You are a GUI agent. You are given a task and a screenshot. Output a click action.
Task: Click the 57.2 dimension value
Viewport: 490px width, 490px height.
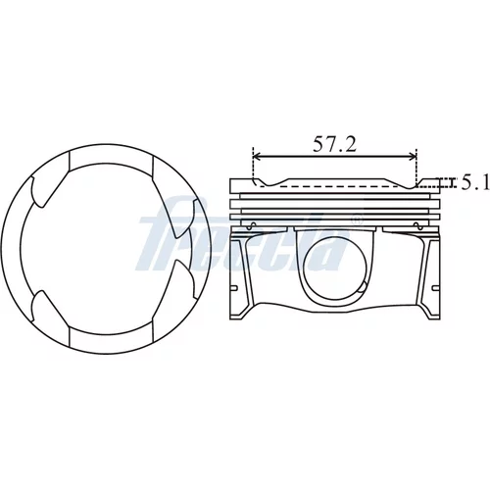click(334, 144)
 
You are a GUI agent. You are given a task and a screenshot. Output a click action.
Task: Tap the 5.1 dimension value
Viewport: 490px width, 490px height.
click(475, 183)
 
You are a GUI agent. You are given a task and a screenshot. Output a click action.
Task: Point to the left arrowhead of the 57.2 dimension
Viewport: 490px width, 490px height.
click(258, 157)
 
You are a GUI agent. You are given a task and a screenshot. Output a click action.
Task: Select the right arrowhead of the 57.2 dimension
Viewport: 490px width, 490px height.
click(412, 157)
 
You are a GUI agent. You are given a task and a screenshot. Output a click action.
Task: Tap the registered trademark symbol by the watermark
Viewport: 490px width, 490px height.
click(357, 220)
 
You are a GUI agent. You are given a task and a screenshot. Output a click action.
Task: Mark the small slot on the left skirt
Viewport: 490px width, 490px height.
click(234, 287)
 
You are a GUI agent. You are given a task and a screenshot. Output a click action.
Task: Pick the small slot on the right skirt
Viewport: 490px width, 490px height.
click(436, 287)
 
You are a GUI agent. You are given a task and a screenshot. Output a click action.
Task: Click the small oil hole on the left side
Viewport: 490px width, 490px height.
click(253, 224)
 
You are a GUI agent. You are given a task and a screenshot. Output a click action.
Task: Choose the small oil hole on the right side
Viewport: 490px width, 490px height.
click(416, 224)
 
